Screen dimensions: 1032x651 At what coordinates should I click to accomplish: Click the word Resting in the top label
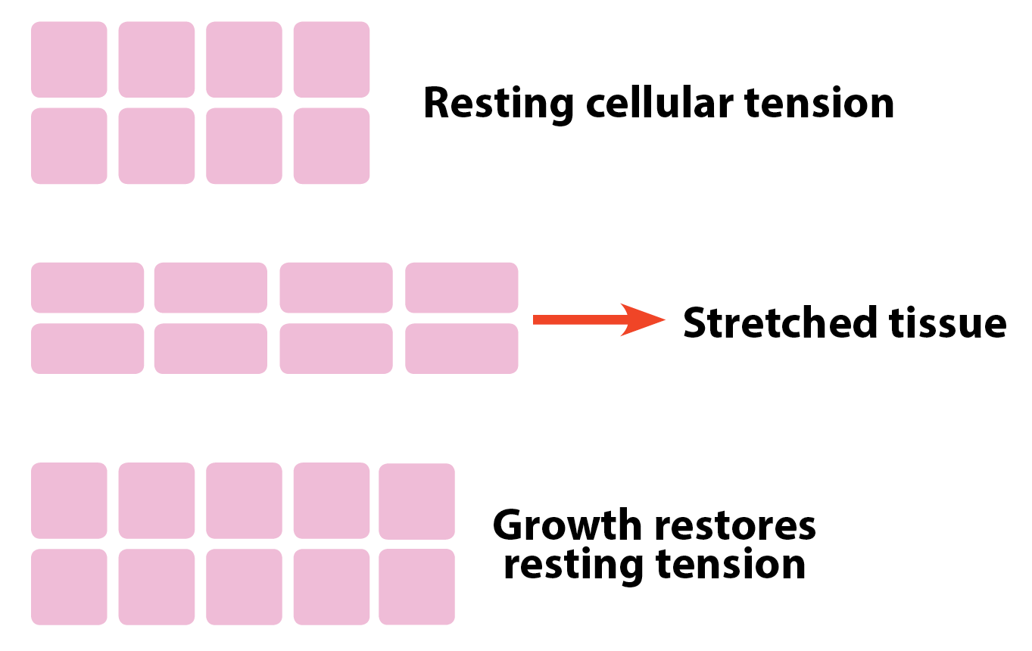pos(498,104)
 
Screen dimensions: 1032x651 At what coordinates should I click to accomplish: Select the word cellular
pos(659,102)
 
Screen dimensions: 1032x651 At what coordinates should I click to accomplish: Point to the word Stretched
pos(780,322)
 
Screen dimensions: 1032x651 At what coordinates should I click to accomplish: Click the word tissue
pos(948,322)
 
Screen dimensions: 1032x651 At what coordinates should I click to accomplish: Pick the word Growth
pos(567,525)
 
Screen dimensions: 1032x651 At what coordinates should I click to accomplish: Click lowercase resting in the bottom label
pos(574,565)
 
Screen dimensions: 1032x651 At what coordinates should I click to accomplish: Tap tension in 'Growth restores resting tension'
pos(730,564)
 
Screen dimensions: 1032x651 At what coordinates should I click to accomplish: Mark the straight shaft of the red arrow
pos(581,319)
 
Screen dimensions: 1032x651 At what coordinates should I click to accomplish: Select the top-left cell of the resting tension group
pos(69,60)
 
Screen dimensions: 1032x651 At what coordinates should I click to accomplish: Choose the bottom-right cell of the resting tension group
pos(332,146)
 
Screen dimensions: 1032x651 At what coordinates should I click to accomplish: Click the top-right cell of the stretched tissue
pos(462,288)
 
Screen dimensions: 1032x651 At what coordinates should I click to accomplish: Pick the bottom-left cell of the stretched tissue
pos(88,348)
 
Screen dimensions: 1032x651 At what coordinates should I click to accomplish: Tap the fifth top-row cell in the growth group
pos(417,501)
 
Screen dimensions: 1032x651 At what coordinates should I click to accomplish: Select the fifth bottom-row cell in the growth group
pos(417,587)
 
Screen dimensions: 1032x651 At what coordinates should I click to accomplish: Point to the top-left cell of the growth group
pos(69,500)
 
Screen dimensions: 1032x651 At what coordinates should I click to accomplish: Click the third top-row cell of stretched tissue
pos(336,288)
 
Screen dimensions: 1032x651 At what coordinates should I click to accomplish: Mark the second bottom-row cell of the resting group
pos(157,146)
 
